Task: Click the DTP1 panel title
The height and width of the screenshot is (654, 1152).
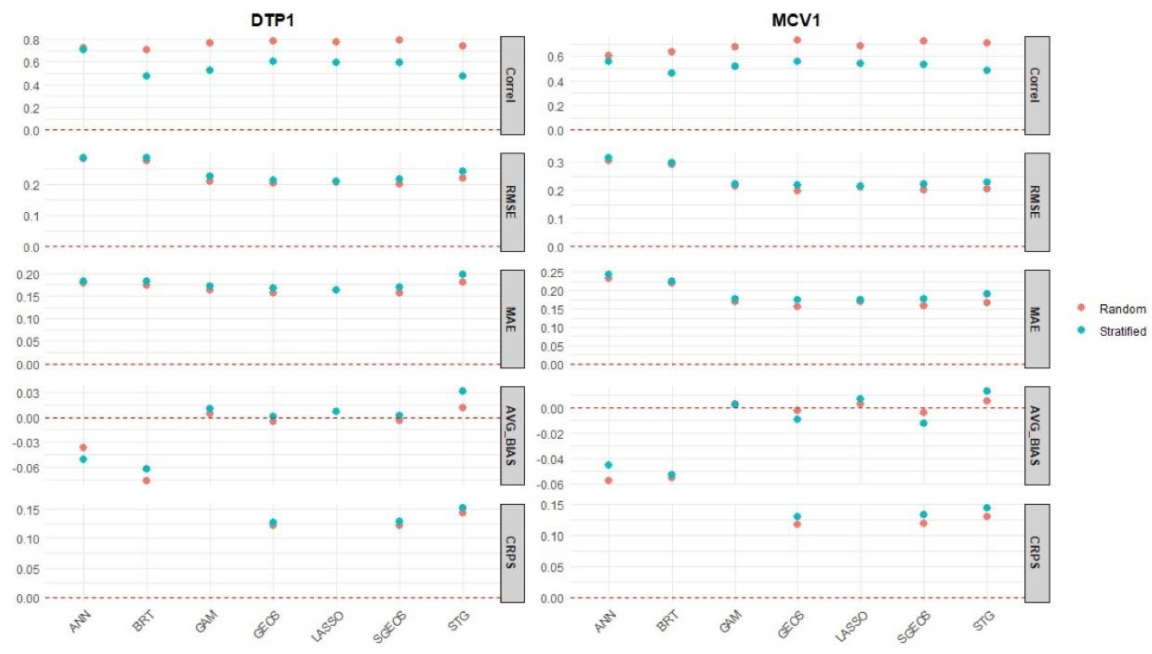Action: tap(272, 21)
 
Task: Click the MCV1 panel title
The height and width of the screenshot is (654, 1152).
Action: tap(796, 21)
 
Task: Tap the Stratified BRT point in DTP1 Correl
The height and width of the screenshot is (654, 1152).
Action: tap(147, 76)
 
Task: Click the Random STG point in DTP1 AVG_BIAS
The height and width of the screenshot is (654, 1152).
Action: tap(462, 407)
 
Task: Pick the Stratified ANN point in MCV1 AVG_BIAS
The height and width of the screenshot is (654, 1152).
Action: tap(608, 465)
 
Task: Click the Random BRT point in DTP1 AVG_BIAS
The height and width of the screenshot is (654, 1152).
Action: tap(147, 481)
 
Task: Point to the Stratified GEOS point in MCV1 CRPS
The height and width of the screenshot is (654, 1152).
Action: tap(797, 517)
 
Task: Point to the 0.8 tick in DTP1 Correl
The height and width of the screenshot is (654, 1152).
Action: tap(31, 41)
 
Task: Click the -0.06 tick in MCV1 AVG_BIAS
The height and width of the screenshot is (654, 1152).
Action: tap(550, 485)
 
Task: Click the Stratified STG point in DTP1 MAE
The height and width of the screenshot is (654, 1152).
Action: tap(462, 274)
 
